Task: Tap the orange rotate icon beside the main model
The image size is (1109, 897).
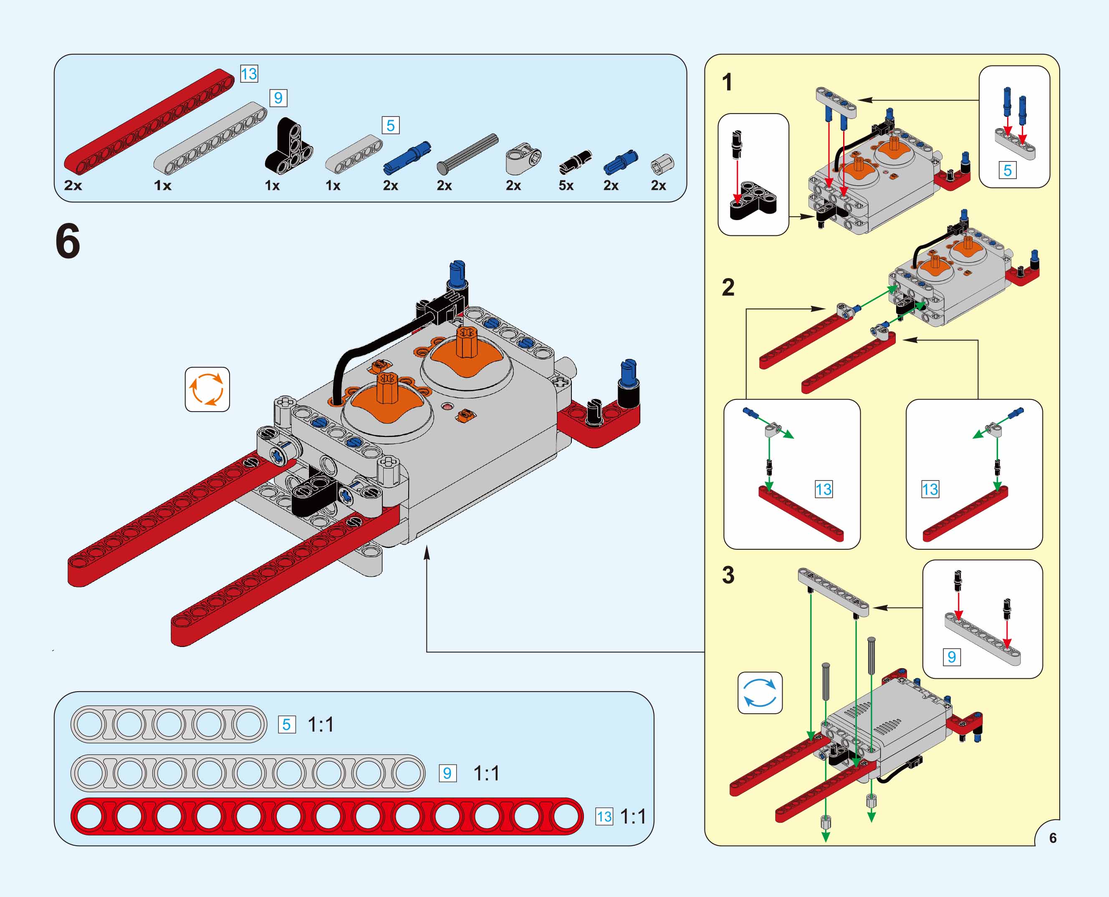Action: [x=207, y=389]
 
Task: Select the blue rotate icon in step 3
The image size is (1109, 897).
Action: [x=760, y=693]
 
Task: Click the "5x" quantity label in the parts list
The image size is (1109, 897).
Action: [x=566, y=185]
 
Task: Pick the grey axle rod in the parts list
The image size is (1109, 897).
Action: [x=467, y=154]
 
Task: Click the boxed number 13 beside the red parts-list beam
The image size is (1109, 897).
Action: [x=249, y=74]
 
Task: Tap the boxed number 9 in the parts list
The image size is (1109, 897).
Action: [x=278, y=98]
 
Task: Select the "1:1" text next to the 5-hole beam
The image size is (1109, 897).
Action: [x=321, y=725]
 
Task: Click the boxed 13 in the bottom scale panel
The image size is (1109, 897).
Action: [x=604, y=816]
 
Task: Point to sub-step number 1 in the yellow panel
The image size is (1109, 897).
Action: [x=727, y=82]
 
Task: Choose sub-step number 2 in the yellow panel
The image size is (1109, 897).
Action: [x=728, y=287]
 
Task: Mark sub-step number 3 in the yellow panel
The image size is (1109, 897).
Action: [x=728, y=575]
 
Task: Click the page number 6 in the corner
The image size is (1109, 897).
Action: [x=1053, y=838]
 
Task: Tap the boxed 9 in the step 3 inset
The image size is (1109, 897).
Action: [x=951, y=657]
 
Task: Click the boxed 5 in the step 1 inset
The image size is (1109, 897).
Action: [x=1007, y=170]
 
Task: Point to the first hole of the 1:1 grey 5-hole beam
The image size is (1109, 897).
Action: [x=89, y=724]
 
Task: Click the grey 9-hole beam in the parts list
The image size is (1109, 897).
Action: [x=210, y=137]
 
